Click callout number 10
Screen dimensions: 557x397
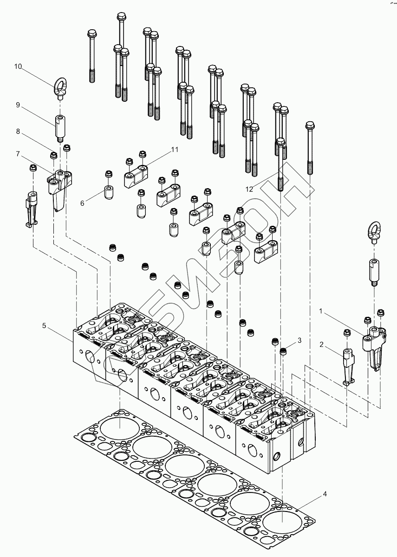tap(18, 67)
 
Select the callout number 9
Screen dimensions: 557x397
tap(18, 105)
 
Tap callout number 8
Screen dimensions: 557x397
tap(18, 131)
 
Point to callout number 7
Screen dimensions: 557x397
tap(18, 153)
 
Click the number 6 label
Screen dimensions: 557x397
tap(82, 203)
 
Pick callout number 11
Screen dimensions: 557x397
tap(175, 150)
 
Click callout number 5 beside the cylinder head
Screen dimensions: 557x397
tap(45, 326)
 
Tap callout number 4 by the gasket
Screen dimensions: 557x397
tap(325, 493)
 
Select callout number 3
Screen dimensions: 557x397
tap(299, 341)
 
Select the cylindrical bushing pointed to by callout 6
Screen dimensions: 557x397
tap(108, 192)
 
